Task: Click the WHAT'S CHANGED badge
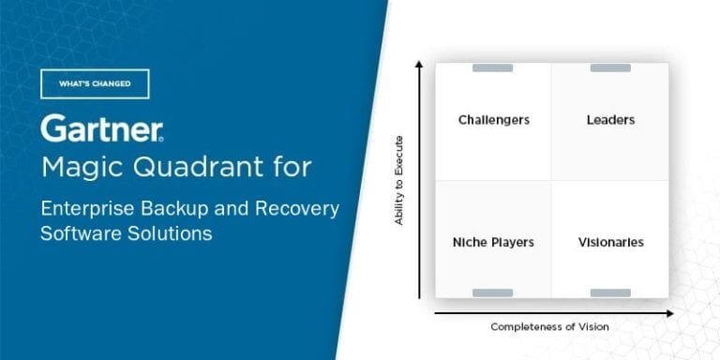95,83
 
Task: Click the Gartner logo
102,129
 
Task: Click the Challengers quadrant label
493,120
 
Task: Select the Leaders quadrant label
610,120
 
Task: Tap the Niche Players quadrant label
493,242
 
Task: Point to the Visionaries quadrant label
610,242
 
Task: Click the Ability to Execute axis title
399,181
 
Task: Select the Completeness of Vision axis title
549,326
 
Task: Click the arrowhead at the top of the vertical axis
420,62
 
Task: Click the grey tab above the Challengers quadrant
493,67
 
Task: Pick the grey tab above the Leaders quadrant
610,67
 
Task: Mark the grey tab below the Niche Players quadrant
493,293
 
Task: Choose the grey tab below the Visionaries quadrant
610,293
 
